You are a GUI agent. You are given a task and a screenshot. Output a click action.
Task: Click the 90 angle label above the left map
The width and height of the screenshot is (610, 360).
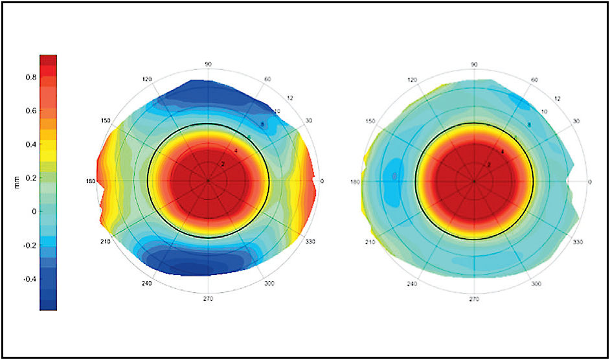click(209, 64)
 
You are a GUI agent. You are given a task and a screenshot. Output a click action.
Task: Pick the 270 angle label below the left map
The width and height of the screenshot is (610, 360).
click(208, 299)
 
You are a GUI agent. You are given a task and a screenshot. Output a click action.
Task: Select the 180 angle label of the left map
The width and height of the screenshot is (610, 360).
click(91, 182)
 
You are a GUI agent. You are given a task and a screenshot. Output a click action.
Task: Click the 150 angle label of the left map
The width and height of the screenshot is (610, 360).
click(105, 121)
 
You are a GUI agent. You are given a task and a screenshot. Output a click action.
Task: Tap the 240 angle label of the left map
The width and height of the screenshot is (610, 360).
click(148, 284)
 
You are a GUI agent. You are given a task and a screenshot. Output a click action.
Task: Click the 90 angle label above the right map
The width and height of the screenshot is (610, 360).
click(475, 64)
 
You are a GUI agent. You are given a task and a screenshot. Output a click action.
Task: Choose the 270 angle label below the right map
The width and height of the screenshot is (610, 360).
click(475, 300)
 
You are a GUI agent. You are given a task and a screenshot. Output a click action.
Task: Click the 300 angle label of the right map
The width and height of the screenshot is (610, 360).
click(536, 284)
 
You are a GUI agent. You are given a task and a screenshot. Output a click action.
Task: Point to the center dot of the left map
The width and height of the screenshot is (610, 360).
click(208, 181)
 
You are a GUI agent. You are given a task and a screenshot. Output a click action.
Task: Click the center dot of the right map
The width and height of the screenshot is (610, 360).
click(474, 181)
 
